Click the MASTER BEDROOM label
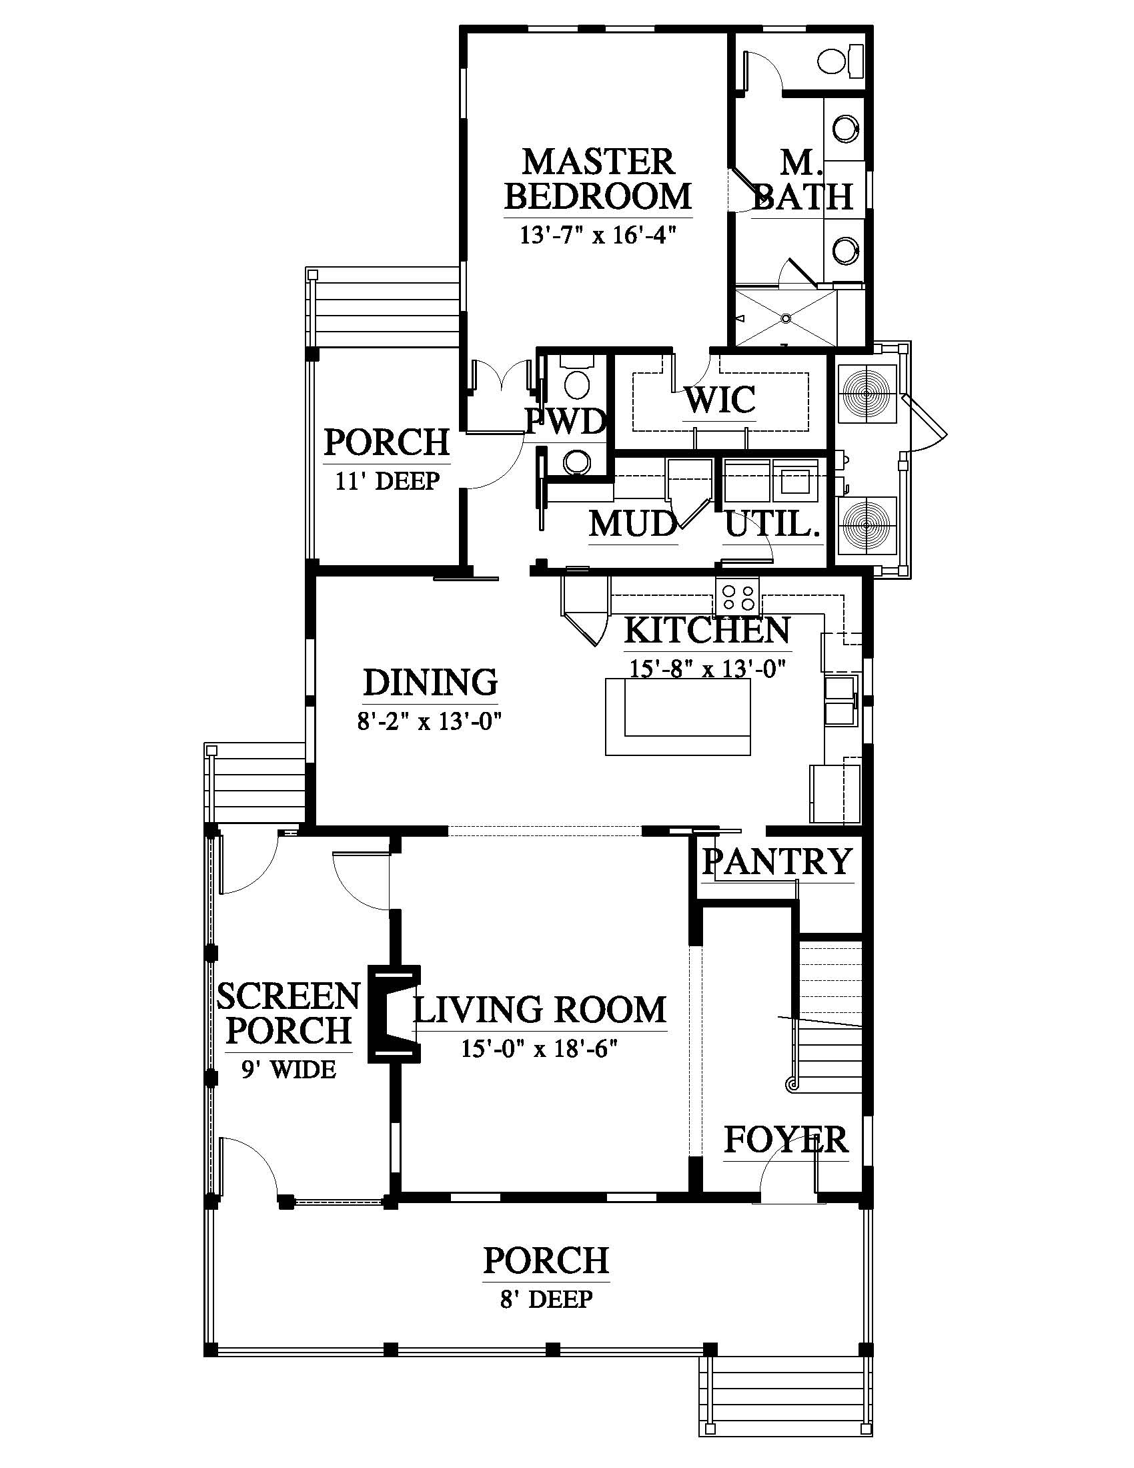pyautogui.click(x=598, y=179)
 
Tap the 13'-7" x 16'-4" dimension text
pyautogui.click(x=597, y=236)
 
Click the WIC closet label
pyautogui.click(x=720, y=400)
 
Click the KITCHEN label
pyautogui.click(x=707, y=631)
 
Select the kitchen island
pyautogui.click(x=678, y=717)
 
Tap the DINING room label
pyautogui.click(x=431, y=682)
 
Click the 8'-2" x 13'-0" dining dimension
pyautogui.click(x=430, y=722)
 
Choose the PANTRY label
pyautogui.click(x=777, y=861)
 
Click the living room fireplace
pyautogui.click(x=394, y=1014)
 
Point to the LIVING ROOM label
pyautogui.click(x=540, y=1010)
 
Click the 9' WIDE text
pyautogui.click(x=289, y=1070)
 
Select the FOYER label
pyautogui.click(x=786, y=1140)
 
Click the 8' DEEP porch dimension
pyautogui.click(x=546, y=1299)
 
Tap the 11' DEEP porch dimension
pyautogui.click(x=388, y=481)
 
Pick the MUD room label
pyautogui.click(x=633, y=524)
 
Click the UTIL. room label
pyautogui.click(x=772, y=524)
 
